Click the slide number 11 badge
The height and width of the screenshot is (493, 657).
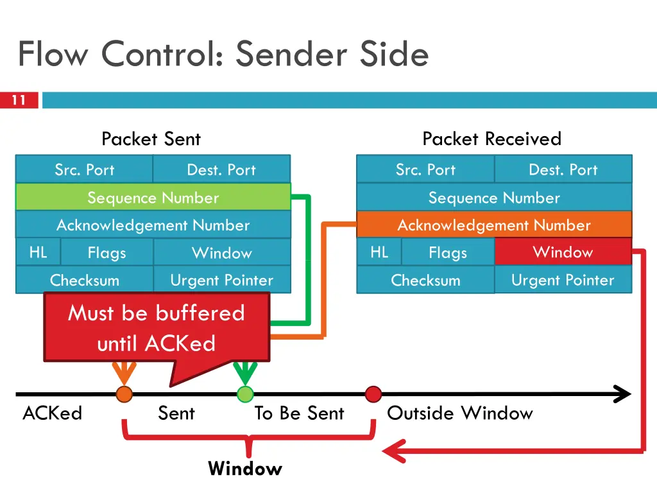19,100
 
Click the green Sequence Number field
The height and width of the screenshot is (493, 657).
153,197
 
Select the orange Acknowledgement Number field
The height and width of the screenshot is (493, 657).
493,225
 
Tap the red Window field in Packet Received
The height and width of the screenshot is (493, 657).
563,252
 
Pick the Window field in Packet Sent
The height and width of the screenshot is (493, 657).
221,253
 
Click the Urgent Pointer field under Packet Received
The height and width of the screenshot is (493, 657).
563,280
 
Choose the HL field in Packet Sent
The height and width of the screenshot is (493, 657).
38,252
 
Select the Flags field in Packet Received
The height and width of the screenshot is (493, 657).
448,253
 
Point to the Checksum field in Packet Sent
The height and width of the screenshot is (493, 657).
85,281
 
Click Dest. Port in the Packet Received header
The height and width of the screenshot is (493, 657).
563,169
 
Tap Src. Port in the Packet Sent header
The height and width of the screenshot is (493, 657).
85,169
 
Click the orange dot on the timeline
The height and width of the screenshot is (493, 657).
124,394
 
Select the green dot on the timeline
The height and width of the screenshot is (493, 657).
245,394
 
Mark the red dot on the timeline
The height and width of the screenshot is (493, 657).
373,394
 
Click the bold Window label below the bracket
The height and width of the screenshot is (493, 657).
245,469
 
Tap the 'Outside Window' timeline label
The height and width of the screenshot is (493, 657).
459,413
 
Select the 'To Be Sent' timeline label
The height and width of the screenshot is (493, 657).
299,413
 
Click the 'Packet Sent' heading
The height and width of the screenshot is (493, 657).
151,139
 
